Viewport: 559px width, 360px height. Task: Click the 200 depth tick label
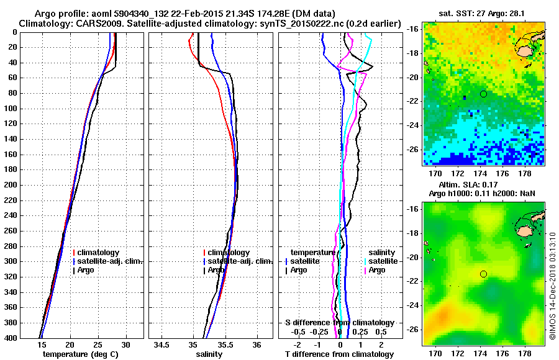(x=10, y=185)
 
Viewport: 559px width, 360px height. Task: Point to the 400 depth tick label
(x=10, y=338)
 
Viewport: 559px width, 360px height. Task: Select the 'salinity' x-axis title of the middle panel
(x=209, y=354)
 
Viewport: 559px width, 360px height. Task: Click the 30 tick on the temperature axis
(x=125, y=344)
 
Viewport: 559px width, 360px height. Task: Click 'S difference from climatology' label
(x=340, y=323)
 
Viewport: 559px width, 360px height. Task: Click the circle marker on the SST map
(x=483, y=94)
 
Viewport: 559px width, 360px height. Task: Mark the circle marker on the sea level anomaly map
(x=483, y=274)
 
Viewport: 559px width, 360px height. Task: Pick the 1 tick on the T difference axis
(x=361, y=344)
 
